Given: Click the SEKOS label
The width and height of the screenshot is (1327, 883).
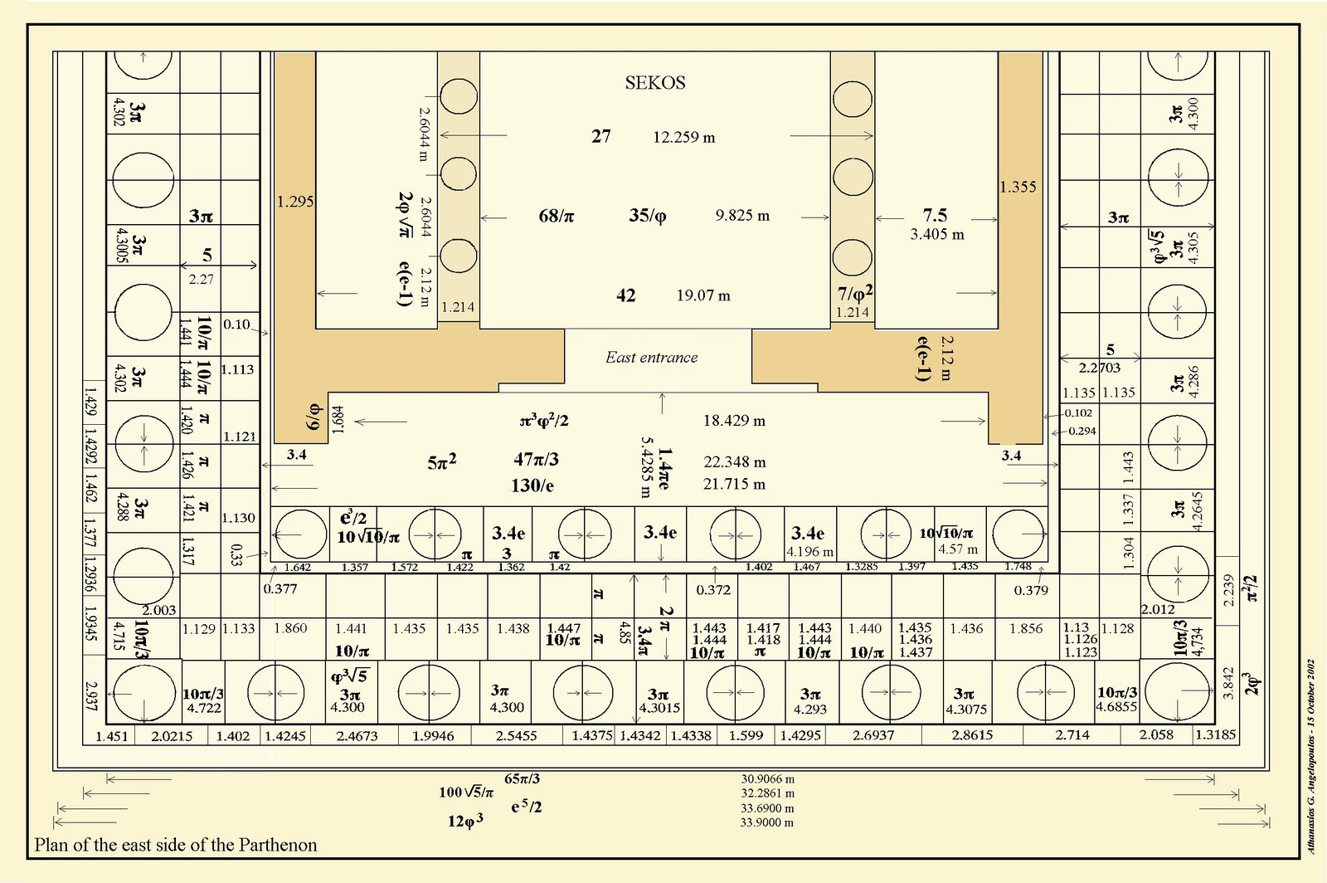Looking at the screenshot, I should (x=655, y=83).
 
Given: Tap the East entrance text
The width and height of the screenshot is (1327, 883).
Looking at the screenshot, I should (x=651, y=358).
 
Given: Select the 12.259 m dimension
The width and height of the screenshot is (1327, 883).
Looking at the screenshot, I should (x=683, y=138).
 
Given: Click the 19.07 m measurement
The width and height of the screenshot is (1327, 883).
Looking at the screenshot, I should (x=703, y=295).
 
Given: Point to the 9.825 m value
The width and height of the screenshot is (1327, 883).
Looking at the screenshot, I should (x=742, y=216).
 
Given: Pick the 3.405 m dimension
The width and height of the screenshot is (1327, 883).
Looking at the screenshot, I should (x=937, y=235).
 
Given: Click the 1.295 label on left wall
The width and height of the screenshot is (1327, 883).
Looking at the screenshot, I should (x=295, y=202).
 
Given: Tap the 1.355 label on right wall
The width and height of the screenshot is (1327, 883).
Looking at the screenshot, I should (x=1018, y=188).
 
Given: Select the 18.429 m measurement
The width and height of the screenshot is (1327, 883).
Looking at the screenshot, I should (x=734, y=421).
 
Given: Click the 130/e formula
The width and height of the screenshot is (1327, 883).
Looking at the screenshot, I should (x=532, y=485).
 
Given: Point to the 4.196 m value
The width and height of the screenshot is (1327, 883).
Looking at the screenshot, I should (x=810, y=552).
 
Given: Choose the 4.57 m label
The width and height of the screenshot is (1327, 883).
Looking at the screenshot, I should (x=958, y=549).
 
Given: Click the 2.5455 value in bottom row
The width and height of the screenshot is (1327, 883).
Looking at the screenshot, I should (x=516, y=736).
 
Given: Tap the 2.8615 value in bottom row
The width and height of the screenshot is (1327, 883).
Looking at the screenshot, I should (x=972, y=736).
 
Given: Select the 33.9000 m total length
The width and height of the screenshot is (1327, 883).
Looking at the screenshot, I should (x=766, y=822).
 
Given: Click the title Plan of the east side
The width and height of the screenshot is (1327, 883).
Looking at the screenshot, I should (x=176, y=845).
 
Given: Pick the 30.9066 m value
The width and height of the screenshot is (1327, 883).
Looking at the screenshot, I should (x=767, y=779).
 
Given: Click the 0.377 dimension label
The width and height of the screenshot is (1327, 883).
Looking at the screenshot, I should (x=280, y=589).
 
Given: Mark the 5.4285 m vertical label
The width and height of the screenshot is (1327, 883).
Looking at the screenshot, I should (x=645, y=467).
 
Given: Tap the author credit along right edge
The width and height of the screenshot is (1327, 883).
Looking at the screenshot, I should (x=1311, y=756).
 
